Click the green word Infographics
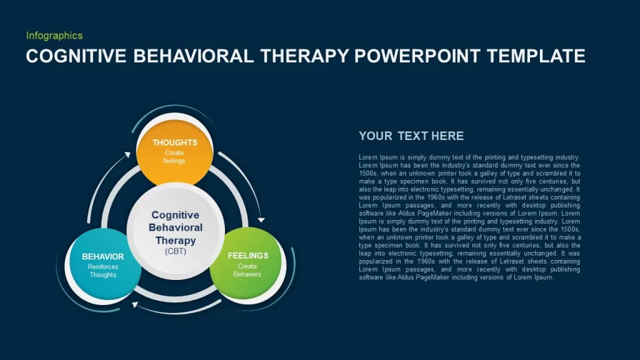54,36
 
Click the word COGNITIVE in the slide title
76,56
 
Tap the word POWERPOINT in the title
417,56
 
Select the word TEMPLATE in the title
536,56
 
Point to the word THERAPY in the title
304,56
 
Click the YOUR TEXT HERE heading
411,136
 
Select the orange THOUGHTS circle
175,152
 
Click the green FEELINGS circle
247,263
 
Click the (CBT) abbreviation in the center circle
176,251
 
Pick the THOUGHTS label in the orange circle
175,142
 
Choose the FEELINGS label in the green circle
248,256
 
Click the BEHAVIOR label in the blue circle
103,256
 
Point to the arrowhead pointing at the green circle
261,220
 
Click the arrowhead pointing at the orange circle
127,155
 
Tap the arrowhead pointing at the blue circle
135,304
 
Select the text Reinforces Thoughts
103,271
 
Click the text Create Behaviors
247,270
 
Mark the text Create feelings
174,157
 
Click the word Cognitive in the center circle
176,215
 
